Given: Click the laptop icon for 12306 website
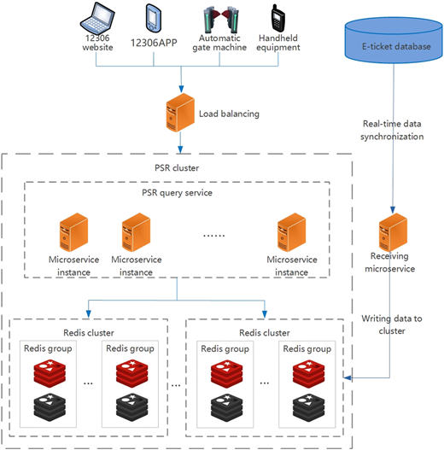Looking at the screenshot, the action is point(97,18).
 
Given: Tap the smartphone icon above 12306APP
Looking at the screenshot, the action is point(153,18).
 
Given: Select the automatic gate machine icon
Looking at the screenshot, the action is point(221,20).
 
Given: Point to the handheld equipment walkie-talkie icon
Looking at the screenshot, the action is point(277,18).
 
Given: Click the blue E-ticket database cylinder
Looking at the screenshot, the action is point(394,40).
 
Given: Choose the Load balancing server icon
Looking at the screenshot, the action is point(180,113).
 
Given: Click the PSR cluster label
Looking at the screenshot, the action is point(177,168).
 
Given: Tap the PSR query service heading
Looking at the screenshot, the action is point(177,193).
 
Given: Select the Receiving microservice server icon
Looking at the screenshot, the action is point(393,232).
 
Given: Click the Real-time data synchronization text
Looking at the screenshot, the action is point(392,130).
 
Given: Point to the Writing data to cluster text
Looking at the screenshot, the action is point(392,324).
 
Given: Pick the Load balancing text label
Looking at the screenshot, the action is point(229,114).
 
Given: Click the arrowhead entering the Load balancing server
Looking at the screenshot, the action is point(181,89).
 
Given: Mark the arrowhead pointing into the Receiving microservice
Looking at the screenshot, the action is point(393,210).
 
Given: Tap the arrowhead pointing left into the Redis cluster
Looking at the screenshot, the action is point(348,377).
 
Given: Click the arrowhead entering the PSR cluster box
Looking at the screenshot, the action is point(180,149).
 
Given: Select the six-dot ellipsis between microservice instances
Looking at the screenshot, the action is point(213,236).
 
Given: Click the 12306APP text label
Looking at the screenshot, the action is point(154,43).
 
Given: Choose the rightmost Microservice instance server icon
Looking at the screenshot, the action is point(291,232).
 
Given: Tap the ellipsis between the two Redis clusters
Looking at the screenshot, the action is point(176,385).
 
